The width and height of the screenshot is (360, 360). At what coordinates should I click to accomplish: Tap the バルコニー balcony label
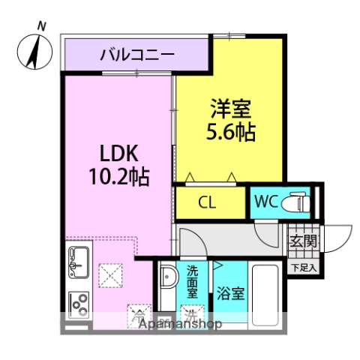click(137, 54)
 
